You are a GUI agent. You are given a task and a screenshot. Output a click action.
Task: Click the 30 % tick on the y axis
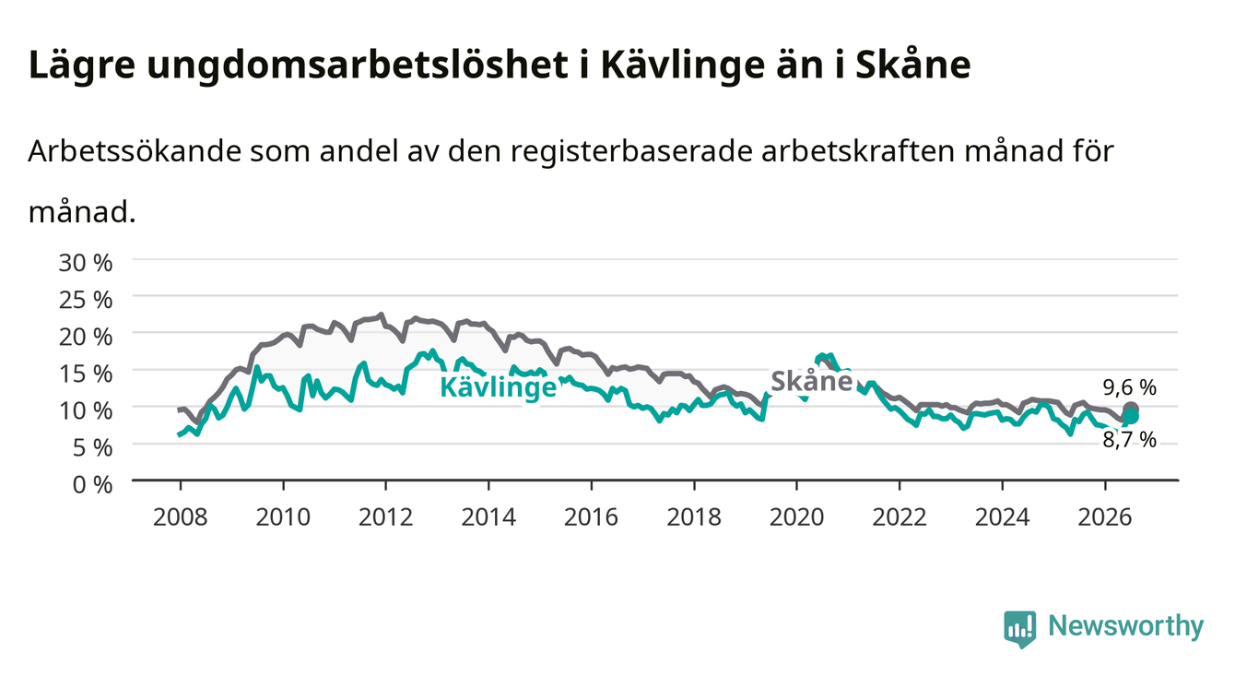click(86, 263)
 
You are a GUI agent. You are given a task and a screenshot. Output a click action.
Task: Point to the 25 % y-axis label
click(86, 300)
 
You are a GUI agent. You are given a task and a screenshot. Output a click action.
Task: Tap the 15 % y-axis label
click(86, 374)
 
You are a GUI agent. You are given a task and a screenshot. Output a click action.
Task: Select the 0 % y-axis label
click(92, 484)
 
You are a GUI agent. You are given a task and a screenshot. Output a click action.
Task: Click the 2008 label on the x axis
click(181, 517)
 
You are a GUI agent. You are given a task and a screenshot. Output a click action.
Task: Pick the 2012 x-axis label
click(386, 517)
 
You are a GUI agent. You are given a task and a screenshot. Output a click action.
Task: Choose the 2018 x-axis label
click(694, 517)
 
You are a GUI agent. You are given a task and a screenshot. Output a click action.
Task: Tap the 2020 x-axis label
click(796, 517)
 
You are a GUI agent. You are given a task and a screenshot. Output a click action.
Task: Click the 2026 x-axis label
click(1105, 517)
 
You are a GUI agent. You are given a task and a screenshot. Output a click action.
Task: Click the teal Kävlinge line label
click(499, 386)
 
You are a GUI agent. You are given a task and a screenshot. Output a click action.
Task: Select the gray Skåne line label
click(812, 381)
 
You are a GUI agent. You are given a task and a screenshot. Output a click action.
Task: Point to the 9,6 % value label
click(1130, 388)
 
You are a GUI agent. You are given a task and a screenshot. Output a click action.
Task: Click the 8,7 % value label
click(1130, 440)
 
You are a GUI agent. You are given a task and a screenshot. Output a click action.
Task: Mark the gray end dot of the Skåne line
click(1130, 410)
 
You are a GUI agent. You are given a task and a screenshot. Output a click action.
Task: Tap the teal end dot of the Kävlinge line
click(1131, 416)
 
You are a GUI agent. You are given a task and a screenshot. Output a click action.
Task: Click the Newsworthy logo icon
click(1020, 629)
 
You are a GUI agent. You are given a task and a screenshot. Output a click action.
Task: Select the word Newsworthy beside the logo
click(1126, 626)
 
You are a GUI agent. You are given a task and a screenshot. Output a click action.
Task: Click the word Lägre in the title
click(82, 65)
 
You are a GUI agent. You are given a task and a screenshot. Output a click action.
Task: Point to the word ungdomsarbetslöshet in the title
click(358, 65)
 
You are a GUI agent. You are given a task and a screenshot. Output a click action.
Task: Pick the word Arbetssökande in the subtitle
click(135, 151)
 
